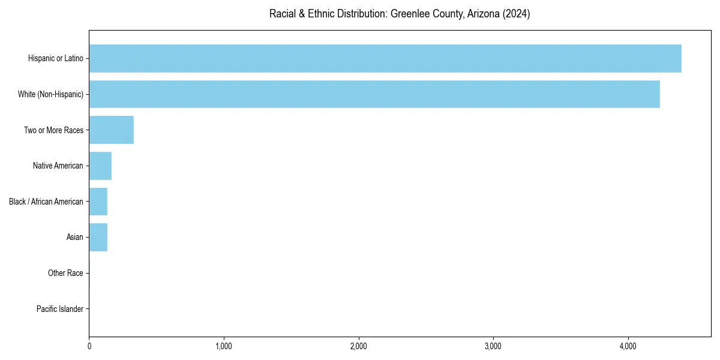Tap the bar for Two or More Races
112,130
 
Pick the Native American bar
100,166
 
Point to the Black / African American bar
98,202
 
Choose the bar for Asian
98,237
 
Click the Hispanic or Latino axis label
55,58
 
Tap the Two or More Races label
53,130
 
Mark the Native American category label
58,166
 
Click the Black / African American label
46,202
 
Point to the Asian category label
74,237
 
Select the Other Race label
65,273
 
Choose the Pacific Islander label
59,309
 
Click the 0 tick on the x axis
89,347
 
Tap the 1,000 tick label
224,347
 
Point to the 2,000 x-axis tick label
359,347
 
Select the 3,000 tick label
493,347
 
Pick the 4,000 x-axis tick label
628,347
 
